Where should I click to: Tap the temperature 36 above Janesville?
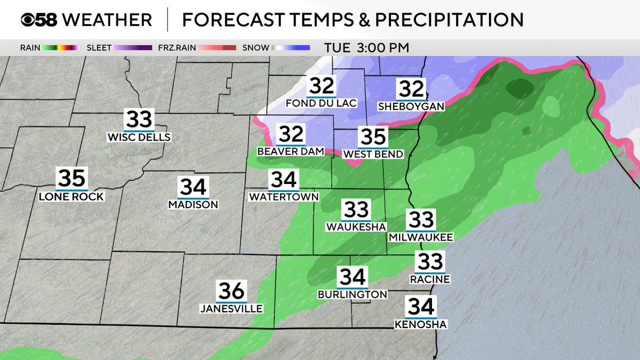231,291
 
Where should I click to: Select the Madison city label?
193,205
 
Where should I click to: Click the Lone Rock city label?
71,197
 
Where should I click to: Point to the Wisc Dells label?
139,138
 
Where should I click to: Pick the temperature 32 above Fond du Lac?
321,86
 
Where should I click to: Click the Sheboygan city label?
411,107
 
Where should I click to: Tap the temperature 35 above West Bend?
373,137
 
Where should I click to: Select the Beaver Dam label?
291,151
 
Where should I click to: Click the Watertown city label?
284,197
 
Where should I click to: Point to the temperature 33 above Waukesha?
356,210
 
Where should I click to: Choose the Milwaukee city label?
421,237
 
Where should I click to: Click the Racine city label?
430,279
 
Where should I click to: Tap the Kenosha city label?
421,324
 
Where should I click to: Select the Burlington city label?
352,294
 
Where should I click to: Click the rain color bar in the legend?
61,47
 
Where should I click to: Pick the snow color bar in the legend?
290,47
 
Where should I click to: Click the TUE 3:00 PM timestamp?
366,47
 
